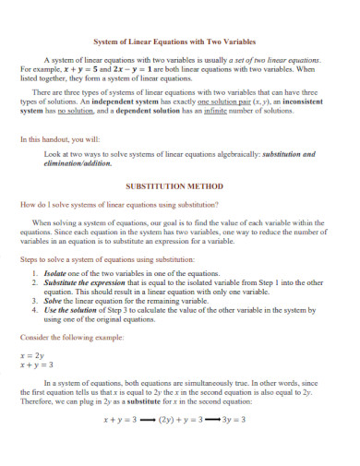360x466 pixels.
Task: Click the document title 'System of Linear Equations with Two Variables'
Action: [x=180, y=41]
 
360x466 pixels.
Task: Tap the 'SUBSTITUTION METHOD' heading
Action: [x=180, y=185]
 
